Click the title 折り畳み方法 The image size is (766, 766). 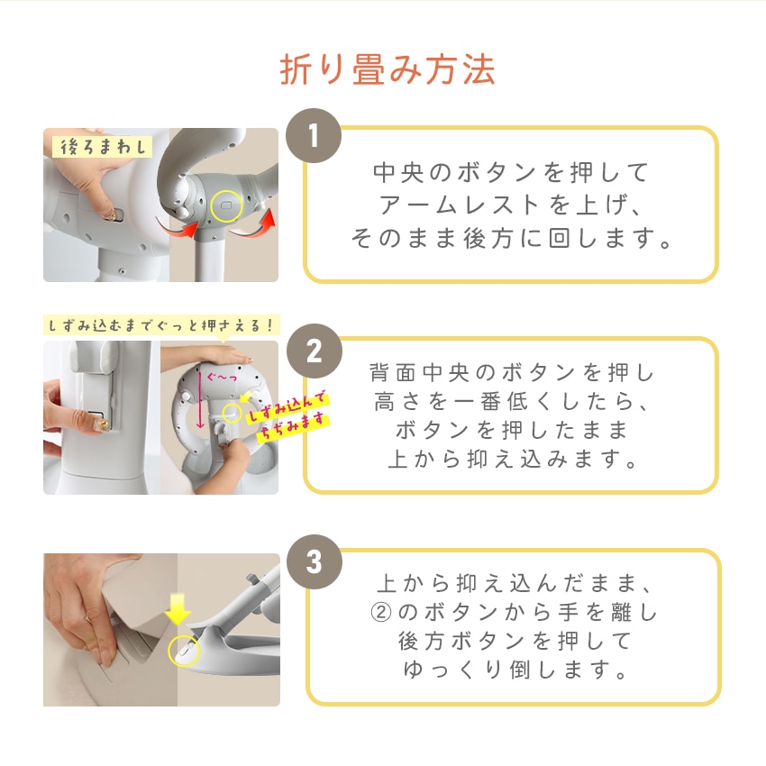(388, 69)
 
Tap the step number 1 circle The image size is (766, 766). (314, 135)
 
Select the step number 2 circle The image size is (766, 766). (315, 351)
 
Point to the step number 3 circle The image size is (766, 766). (315, 561)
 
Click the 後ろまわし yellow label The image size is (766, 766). (102, 146)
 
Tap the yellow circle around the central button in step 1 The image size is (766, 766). (227, 206)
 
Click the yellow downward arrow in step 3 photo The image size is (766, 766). (178, 609)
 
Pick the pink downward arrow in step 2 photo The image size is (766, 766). (199, 399)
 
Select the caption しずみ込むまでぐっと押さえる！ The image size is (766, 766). (161, 324)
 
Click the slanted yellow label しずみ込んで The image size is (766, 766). (287, 408)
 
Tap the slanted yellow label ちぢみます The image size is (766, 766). (292, 426)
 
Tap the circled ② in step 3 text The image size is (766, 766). (381, 612)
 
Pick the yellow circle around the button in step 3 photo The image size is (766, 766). (183, 651)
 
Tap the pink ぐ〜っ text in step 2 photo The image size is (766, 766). (222, 377)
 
